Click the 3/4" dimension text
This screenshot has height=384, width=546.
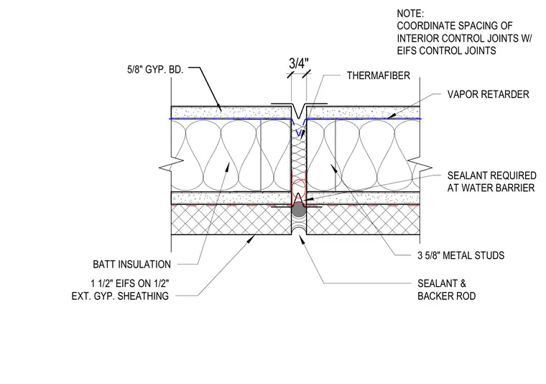point(298,64)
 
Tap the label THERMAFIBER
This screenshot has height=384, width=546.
point(378,76)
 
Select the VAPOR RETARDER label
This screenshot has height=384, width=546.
point(488,94)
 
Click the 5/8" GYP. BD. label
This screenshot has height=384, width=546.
point(155,69)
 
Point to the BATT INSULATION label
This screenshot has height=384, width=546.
point(131,265)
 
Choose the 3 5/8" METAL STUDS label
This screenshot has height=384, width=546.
point(461,255)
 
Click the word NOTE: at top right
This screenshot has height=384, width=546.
point(410,14)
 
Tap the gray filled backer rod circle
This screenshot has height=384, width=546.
point(298,211)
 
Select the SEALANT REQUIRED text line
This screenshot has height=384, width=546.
point(491,175)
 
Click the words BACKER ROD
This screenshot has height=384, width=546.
point(446,296)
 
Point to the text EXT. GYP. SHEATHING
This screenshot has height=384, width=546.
point(120,296)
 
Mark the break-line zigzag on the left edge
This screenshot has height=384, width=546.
point(171,165)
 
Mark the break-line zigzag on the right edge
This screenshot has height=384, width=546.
point(420,165)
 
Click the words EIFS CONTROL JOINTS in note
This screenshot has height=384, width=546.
point(446,51)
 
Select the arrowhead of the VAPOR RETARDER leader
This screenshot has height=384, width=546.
point(392,116)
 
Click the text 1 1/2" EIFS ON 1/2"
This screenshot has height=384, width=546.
point(130,283)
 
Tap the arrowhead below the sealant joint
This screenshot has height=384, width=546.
point(302,239)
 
